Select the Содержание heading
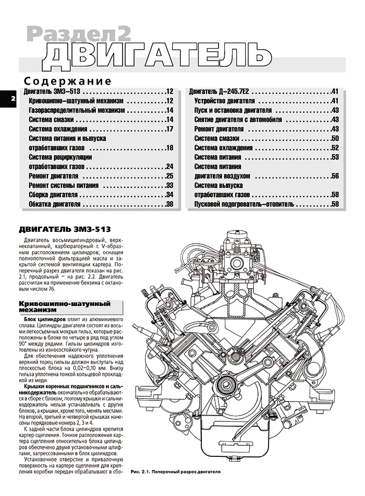(x=68, y=81)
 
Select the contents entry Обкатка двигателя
(x=55, y=204)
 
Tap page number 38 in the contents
(x=169, y=204)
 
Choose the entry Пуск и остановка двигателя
(x=233, y=110)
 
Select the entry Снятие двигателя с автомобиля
(x=238, y=120)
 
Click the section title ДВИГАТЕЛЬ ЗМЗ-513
(x=65, y=229)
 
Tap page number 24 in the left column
(x=169, y=167)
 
